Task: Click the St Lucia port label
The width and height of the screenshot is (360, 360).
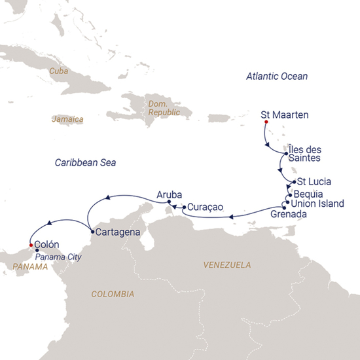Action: click(x=314, y=181)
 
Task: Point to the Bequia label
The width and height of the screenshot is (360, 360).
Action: click(x=308, y=194)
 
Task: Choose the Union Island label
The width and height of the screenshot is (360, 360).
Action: click(x=317, y=204)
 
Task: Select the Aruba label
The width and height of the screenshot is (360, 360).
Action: click(x=168, y=194)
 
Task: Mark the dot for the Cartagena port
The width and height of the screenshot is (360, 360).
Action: click(x=90, y=230)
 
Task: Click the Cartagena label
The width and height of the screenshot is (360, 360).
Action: click(x=117, y=232)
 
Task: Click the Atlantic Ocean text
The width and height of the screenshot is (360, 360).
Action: click(x=276, y=77)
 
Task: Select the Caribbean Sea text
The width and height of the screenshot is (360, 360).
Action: click(x=84, y=162)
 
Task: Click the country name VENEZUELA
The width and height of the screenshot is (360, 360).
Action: click(x=227, y=265)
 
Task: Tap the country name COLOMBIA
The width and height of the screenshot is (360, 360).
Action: click(x=113, y=294)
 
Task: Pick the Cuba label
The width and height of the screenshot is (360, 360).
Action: click(x=59, y=73)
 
